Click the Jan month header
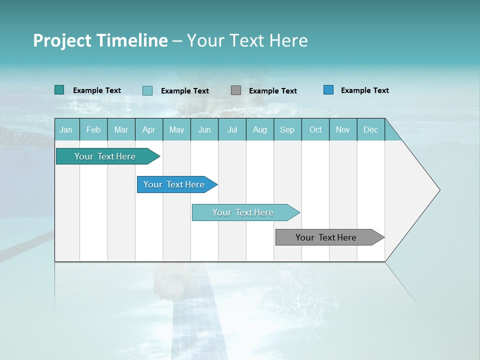66,129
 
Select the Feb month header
93,129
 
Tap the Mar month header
121,129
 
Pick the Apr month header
149,129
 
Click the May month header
176,129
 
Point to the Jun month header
204,129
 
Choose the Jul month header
232,129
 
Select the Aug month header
260,129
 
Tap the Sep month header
287,129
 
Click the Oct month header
315,129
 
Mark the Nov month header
343,129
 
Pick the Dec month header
371,129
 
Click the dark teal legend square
59,90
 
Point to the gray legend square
236,90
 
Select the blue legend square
328,90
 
